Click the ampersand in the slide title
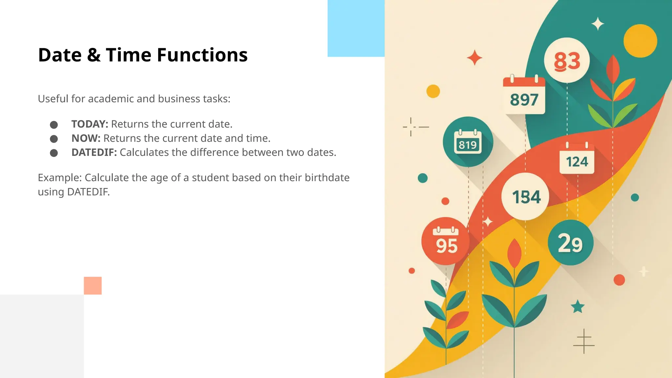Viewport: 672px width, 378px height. click(94, 55)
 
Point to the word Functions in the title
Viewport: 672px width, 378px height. click(202, 55)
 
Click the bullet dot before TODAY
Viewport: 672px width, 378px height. click(54, 125)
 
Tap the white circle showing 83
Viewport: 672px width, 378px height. click(567, 60)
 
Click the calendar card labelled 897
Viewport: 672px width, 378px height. click(524, 96)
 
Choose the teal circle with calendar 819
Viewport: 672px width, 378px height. click(468, 142)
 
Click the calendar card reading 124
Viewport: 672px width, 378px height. click(577, 159)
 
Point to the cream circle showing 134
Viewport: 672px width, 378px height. click(526, 197)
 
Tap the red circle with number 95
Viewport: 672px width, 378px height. click(445, 241)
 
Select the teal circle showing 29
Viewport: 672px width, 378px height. click(570, 243)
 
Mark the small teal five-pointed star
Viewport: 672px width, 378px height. click(577, 307)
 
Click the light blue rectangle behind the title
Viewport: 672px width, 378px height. click(356, 28)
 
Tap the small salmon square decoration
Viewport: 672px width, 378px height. click(93, 285)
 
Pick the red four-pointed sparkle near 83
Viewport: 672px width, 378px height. click(474, 58)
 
